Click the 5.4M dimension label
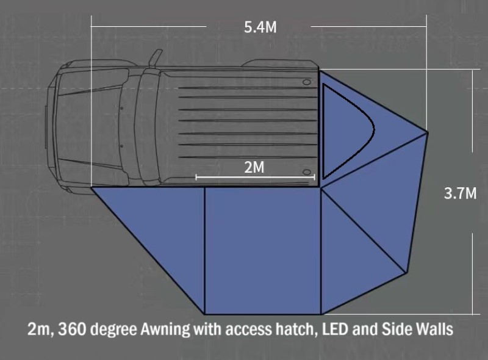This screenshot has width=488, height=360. [x=260, y=27]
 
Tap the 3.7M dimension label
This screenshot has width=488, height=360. [x=460, y=193]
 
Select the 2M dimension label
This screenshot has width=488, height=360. [x=254, y=167]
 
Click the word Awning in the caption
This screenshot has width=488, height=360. [x=165, y=329]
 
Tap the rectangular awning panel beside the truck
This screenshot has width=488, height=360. [x=263, y=251]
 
